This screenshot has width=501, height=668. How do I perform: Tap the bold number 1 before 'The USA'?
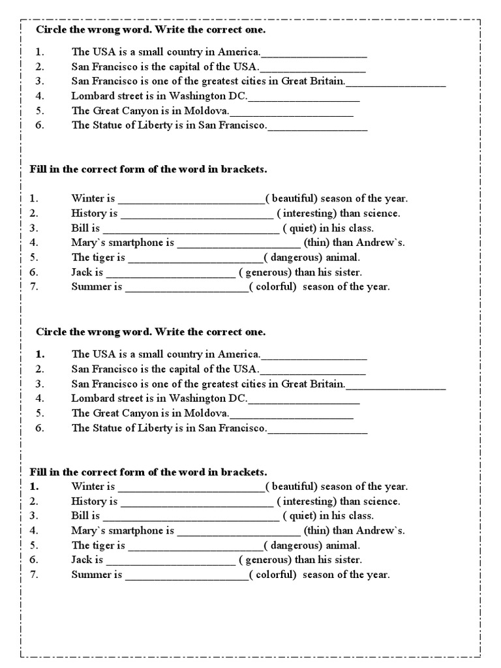39,354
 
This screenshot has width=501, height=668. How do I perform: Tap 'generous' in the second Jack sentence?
269,560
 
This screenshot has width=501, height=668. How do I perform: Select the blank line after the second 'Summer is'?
186,576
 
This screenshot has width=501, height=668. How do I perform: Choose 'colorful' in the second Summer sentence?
275,575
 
